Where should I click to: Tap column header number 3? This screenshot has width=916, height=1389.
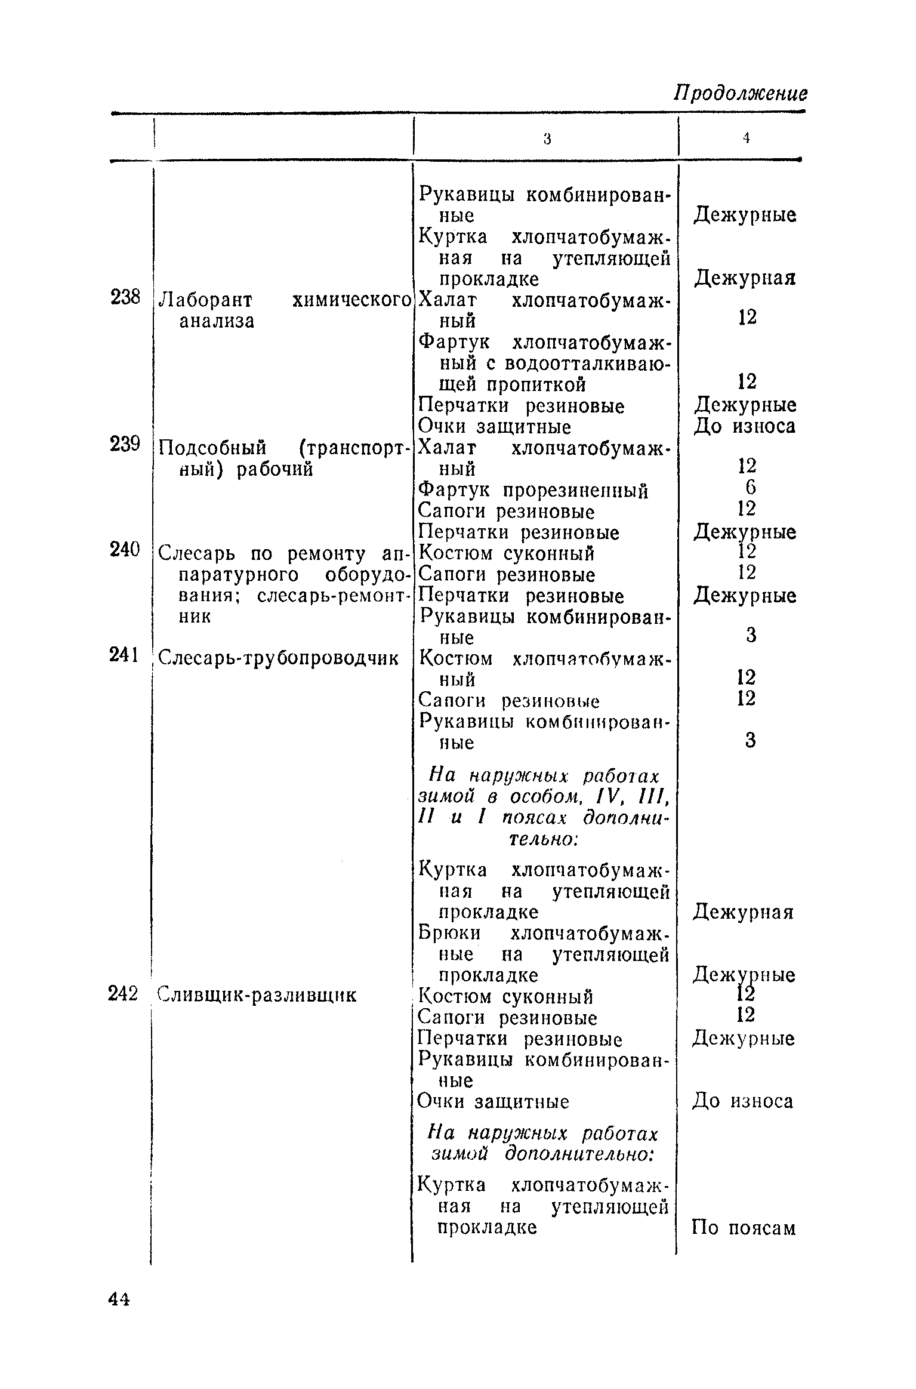(547, 139)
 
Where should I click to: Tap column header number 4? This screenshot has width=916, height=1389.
(746, 138)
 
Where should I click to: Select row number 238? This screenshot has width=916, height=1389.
(125, 297)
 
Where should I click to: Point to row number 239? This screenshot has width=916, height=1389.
(125, 444)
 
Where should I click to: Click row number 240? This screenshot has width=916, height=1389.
(125, 549)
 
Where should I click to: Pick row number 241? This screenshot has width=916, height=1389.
(124, 655)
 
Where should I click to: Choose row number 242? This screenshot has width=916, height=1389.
(124, 994)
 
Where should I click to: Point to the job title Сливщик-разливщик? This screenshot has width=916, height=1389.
(257, 995)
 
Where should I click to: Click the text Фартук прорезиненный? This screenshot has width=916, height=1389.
(533, 491)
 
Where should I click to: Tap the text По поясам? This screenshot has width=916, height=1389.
(744, 1228)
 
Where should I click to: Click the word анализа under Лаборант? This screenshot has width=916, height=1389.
(217, 321)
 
